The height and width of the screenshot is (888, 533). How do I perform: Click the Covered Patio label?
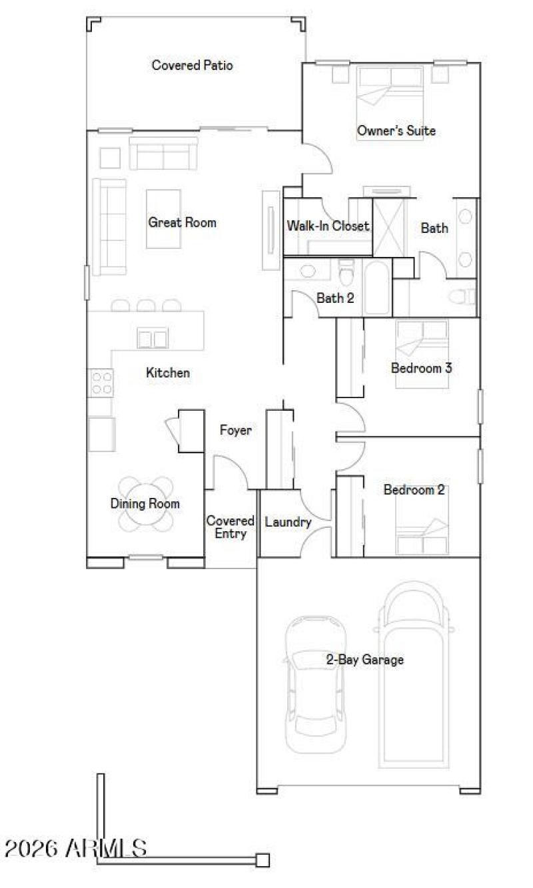tap(192, 65)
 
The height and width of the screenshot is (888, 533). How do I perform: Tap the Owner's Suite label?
tap(396, 130)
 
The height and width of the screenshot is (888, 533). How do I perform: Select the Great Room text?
tap(182, 222)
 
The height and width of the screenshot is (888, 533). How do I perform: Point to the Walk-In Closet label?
tap(327, 226)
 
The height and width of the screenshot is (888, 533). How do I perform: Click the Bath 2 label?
tap(335, 298)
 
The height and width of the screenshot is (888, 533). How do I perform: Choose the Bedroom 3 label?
tap(422, 367)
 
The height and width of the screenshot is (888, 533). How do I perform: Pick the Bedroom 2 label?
tap(414, 490)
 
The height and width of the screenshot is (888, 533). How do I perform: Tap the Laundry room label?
tap(288, 523)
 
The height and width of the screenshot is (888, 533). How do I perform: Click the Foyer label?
tap(236, 431)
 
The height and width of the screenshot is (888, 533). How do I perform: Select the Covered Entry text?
tap(230, 527)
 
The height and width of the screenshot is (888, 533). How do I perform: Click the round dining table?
tap(146, 504)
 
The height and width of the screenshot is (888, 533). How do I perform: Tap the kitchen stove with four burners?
tap(101, 383)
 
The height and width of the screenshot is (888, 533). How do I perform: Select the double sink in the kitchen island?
tap(152, 338)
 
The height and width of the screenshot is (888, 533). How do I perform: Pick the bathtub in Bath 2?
tap(377, 286)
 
